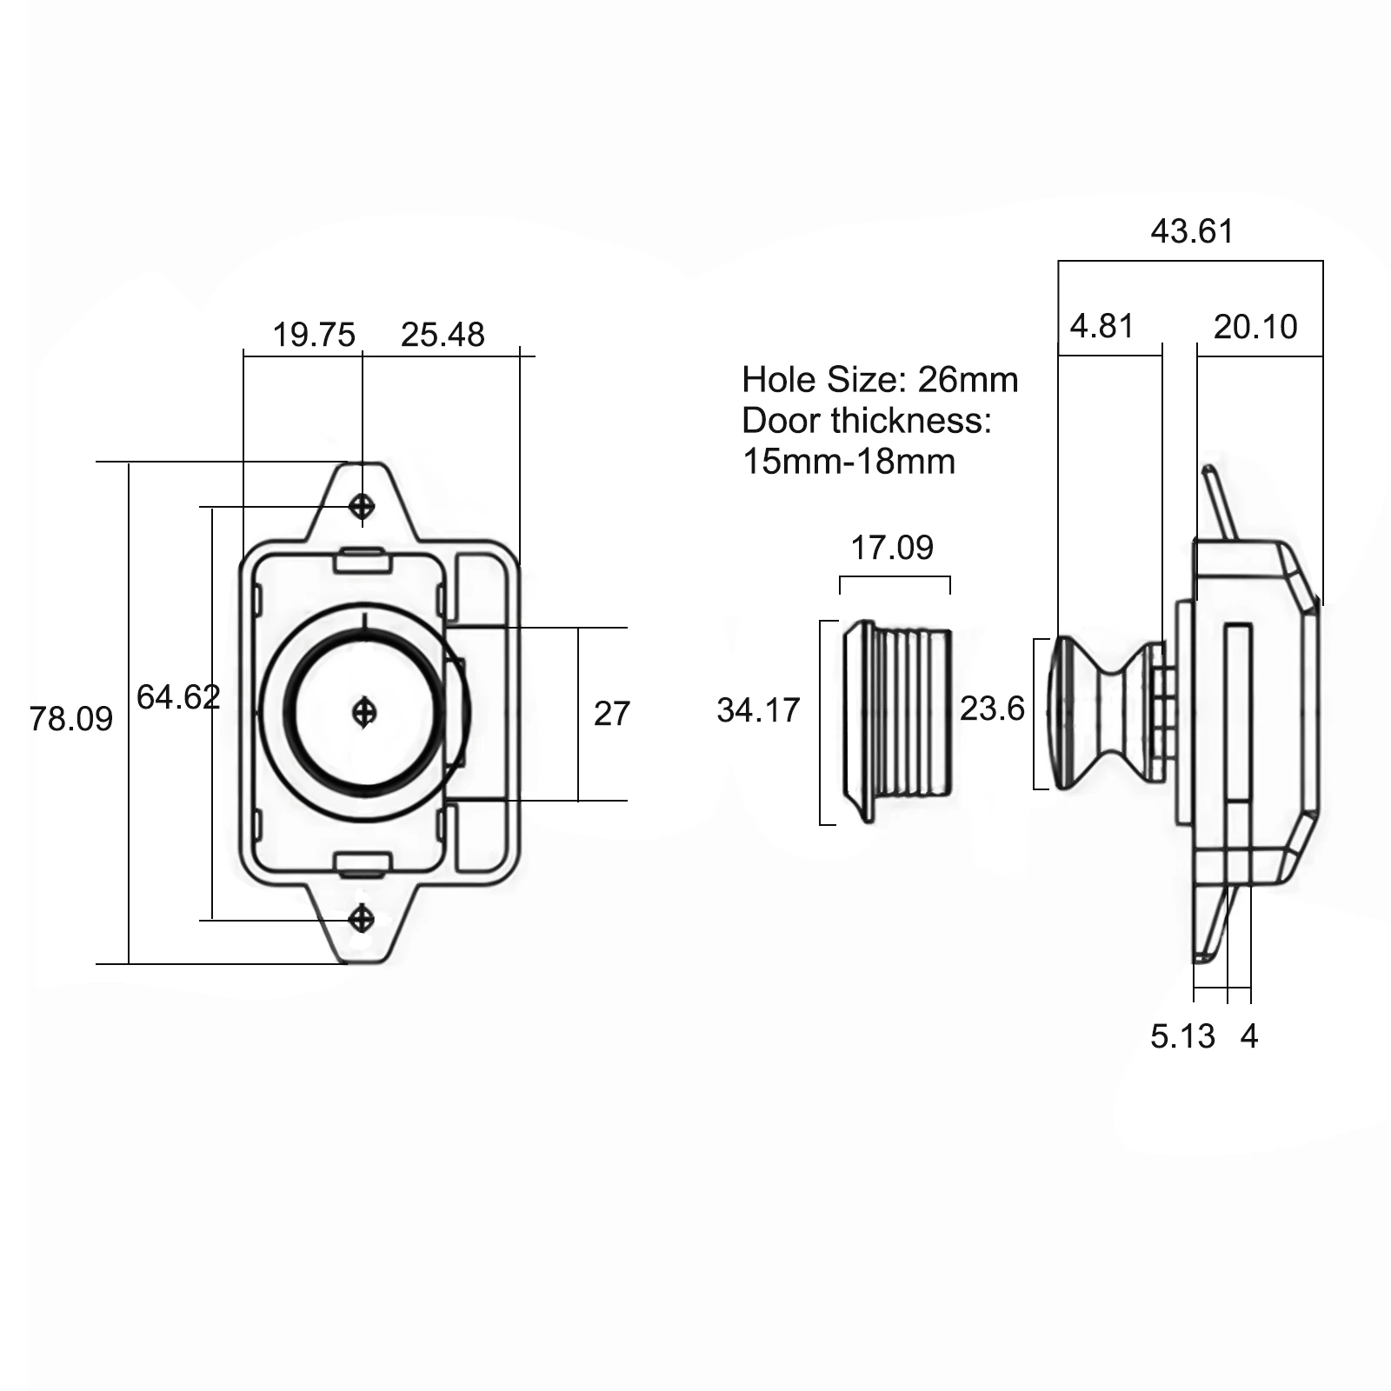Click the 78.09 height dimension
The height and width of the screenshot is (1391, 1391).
tap(71, 719)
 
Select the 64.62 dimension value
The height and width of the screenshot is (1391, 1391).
tap(178, 697)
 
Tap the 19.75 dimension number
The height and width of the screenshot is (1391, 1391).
tap(314, 335)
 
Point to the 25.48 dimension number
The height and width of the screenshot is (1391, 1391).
tap(443, 335)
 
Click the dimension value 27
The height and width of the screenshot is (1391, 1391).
tap(611, 714)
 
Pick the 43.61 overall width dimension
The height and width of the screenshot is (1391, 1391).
tap(1192, 231)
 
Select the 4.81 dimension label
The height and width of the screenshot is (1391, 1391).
tap(1101, 327)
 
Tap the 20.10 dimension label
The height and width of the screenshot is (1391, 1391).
tap(1255, 327)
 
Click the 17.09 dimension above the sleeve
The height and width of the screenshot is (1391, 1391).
tap(892, 548)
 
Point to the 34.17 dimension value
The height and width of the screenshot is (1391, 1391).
tap(758, 710)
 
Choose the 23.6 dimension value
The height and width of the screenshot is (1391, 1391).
tap(992, 709)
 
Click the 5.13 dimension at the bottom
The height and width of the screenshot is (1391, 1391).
tap(1182, 1036)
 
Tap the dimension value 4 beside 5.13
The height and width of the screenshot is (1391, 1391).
tap(1249, 1036)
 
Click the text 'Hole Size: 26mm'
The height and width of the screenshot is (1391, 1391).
tap(880, 380)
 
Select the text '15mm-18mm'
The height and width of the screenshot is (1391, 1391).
tap(849, 461)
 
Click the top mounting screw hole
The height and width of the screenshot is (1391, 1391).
tap(363, 505)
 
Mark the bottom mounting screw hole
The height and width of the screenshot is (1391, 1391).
tap(362, 918)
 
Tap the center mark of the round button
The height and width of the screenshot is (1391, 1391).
tap(364, 713)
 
